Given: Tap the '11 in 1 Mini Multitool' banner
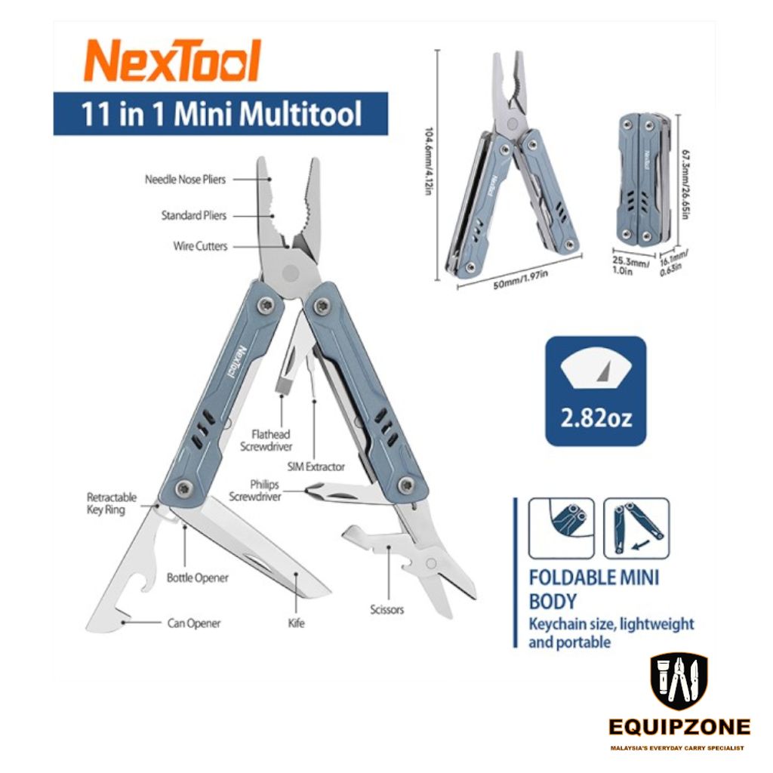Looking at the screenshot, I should click(x=221, y=115).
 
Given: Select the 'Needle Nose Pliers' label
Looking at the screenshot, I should click(x=185, y=180).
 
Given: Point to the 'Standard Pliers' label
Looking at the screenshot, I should click(x=193, y=215).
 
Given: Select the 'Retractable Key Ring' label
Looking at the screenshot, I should click(x=112, y=504).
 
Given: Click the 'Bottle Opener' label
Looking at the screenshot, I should click(x=197, y=578).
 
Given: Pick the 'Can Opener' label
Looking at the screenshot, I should click(x=194, y=624).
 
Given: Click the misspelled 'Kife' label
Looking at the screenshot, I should click(x=296, y=624).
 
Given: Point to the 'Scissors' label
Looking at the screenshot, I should click(x=386, y=609).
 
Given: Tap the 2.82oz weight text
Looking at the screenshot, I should click(x=596, y=417).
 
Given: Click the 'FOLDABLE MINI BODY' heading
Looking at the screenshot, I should click(x=593, y=590).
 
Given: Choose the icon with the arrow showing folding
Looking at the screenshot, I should click(x=636, y=528).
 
